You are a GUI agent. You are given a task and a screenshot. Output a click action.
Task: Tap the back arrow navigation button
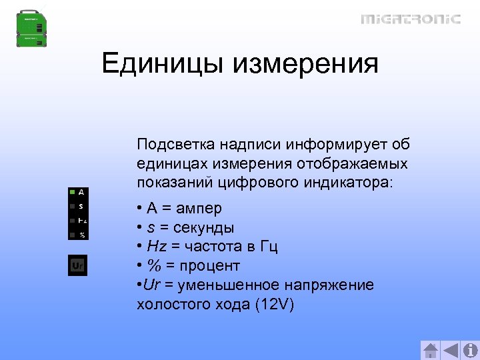(451, 350)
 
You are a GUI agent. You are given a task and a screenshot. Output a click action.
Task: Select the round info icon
(470, 350)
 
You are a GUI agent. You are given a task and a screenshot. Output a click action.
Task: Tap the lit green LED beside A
(71, 191)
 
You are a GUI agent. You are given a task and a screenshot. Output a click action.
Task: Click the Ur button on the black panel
(78, 266)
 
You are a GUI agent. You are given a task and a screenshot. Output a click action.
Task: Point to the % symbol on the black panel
(82, 235)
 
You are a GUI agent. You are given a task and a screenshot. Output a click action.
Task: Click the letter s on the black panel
(81, 206)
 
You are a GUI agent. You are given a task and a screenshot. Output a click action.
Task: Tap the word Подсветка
(175, 144)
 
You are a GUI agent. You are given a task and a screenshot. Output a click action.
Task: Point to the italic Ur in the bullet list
(151, 285)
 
